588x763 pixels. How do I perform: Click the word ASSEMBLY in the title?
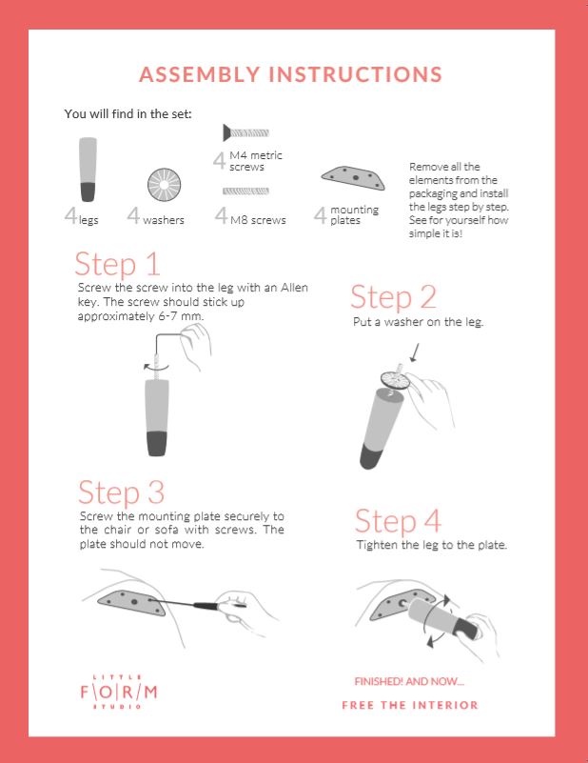(200, 74)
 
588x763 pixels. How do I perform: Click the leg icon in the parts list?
(88, 170)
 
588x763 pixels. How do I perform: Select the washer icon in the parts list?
(165, 185)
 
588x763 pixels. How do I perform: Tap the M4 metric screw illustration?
(245, 132)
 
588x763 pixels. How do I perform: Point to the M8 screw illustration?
(245, 191)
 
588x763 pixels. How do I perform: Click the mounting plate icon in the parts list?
(353, 177)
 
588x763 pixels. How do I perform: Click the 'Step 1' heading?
(117, 264)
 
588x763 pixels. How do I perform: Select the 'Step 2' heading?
(393, 297)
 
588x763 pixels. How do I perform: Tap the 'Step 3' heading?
(122, 492)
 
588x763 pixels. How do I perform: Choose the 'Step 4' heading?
(398, 521)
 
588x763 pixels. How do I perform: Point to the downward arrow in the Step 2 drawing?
(415, 352)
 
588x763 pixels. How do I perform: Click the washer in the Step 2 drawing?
(396, 380)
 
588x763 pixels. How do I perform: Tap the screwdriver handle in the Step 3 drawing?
(209, 606)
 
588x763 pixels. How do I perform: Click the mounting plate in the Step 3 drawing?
(132, 602)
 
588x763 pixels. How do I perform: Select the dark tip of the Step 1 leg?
(156, 443)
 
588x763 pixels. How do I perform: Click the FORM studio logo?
(119, 692)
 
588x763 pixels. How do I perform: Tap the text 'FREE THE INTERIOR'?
(410, 705)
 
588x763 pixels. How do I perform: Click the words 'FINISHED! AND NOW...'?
(409, 681)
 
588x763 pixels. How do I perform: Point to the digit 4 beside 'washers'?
(133, 215)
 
